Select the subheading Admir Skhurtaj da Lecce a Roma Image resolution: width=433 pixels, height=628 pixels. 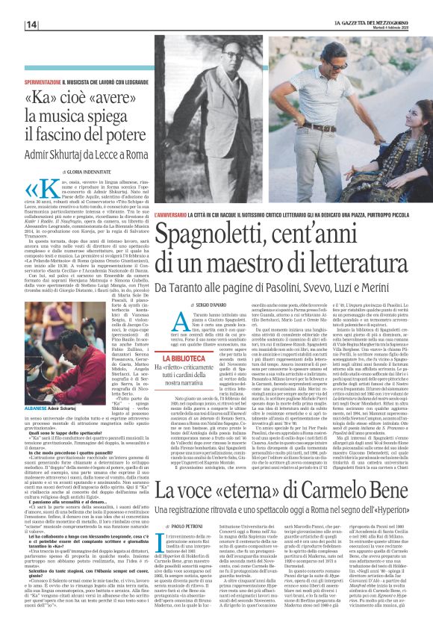[x=93, y=153]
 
